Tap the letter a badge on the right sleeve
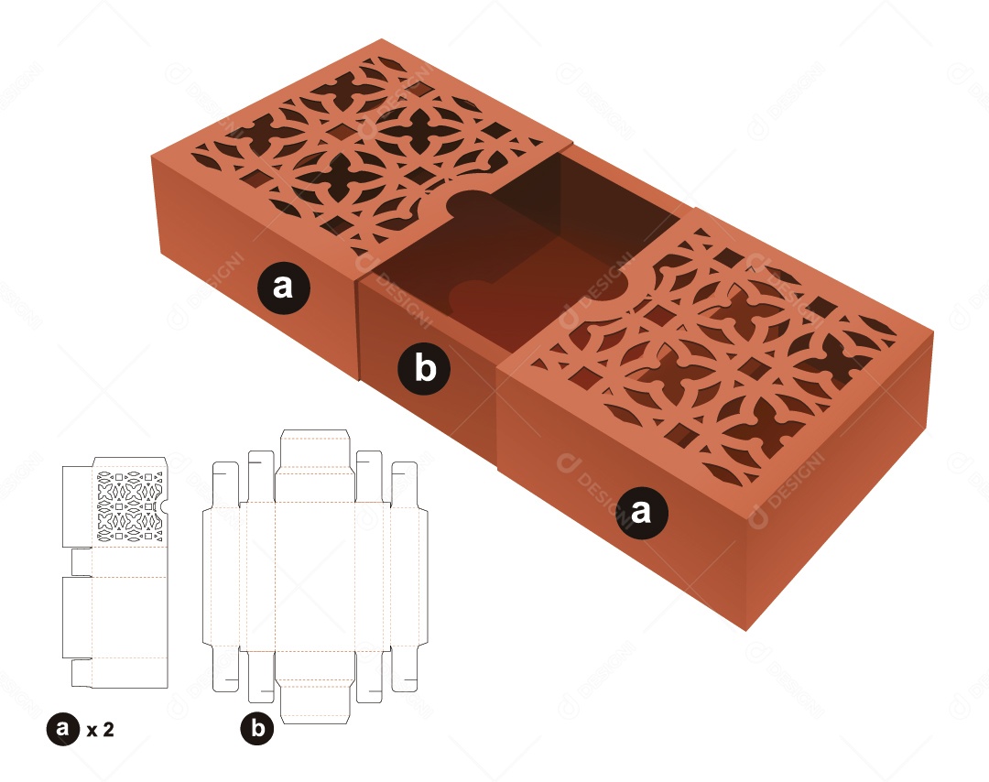click(x=641, y=509)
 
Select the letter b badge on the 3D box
click(x=424, y=368)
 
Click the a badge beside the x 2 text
click(x=62, y=729)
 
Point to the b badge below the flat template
click(x=257, y=729)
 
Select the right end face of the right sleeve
click(x=842, y=485)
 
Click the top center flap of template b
click(x=314, y=449)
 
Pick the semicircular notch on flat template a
click(x=164, y=506)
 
